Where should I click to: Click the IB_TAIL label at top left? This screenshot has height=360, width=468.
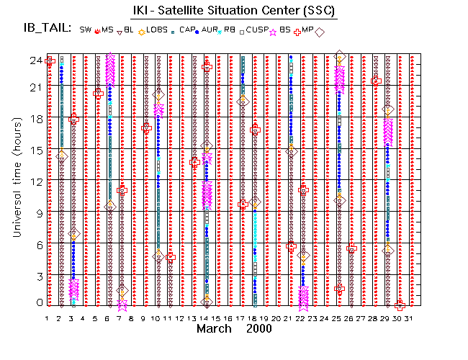(45, 29)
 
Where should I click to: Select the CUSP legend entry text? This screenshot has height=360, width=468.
(257, 30)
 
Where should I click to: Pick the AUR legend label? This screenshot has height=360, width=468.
(210, 30)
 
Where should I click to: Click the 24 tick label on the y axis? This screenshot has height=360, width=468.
(34, 60)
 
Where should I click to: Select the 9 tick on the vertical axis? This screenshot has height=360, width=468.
(37, 212)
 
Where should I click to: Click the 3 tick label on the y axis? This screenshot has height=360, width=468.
(37, 276)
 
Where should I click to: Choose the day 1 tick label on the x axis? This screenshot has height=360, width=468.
(48, 318)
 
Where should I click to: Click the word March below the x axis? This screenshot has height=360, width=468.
(215, 329)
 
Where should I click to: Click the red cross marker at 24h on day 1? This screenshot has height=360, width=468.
(50, 61)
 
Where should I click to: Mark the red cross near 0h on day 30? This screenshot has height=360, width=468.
(400, 305)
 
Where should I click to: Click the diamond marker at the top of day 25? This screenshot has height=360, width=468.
(340, 57)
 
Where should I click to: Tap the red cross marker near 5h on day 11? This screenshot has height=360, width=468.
(171, 256)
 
